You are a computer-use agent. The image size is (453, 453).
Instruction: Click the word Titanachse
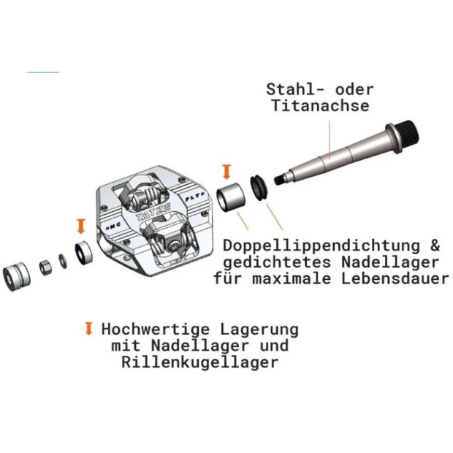320,105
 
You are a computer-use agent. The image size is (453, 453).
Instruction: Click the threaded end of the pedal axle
407,135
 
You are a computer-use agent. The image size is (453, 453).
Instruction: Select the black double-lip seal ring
259,188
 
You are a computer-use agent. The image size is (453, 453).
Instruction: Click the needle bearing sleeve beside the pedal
231,197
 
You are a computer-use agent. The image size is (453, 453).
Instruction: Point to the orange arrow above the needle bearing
226,172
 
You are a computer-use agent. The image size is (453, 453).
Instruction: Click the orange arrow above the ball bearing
81,226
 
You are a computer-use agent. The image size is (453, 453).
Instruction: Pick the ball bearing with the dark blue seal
83,253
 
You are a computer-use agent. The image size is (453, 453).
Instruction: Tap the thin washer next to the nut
63,261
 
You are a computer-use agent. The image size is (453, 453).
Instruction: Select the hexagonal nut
45,267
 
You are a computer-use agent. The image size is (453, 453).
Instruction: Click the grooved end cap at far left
17,276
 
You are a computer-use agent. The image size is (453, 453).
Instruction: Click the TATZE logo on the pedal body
153,212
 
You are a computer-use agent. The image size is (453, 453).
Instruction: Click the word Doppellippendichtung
321,245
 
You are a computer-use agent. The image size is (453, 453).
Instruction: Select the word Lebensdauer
395,279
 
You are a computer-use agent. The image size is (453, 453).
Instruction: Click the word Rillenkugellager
200,362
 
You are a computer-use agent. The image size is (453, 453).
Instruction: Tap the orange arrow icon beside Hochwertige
89,329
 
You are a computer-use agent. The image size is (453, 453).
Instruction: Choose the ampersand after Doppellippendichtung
435,245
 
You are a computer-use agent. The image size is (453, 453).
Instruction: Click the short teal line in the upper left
43,72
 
